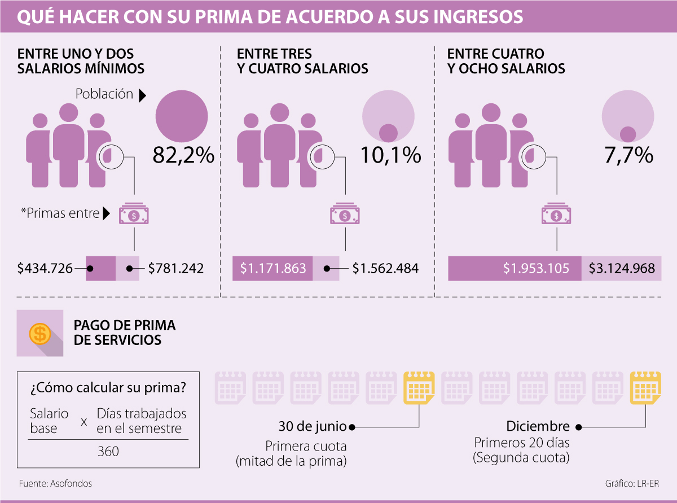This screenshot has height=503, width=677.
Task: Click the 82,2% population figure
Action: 183,155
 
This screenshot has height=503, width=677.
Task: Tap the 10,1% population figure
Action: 391,155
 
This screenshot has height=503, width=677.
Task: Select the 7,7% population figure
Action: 628,155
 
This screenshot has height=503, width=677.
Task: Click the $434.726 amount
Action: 45,269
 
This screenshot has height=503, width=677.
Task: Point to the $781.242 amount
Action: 175,269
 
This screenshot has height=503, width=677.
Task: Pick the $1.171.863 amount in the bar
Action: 273,269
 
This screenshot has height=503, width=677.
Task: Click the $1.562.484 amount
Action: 385,269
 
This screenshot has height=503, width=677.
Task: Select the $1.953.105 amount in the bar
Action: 536,269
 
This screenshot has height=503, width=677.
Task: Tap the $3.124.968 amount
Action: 622,269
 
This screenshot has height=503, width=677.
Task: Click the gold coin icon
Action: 39,334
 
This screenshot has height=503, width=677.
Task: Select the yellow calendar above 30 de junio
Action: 419,387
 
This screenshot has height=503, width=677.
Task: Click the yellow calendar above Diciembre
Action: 645,387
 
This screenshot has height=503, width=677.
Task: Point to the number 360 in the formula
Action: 108,452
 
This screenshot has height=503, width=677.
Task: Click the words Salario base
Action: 49,421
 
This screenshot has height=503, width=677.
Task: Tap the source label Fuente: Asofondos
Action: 55,484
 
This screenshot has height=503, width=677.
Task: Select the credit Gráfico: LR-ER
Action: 632,484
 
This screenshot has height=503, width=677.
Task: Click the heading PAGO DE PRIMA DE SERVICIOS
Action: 125,333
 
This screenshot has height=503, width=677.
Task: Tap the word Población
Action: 104,94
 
